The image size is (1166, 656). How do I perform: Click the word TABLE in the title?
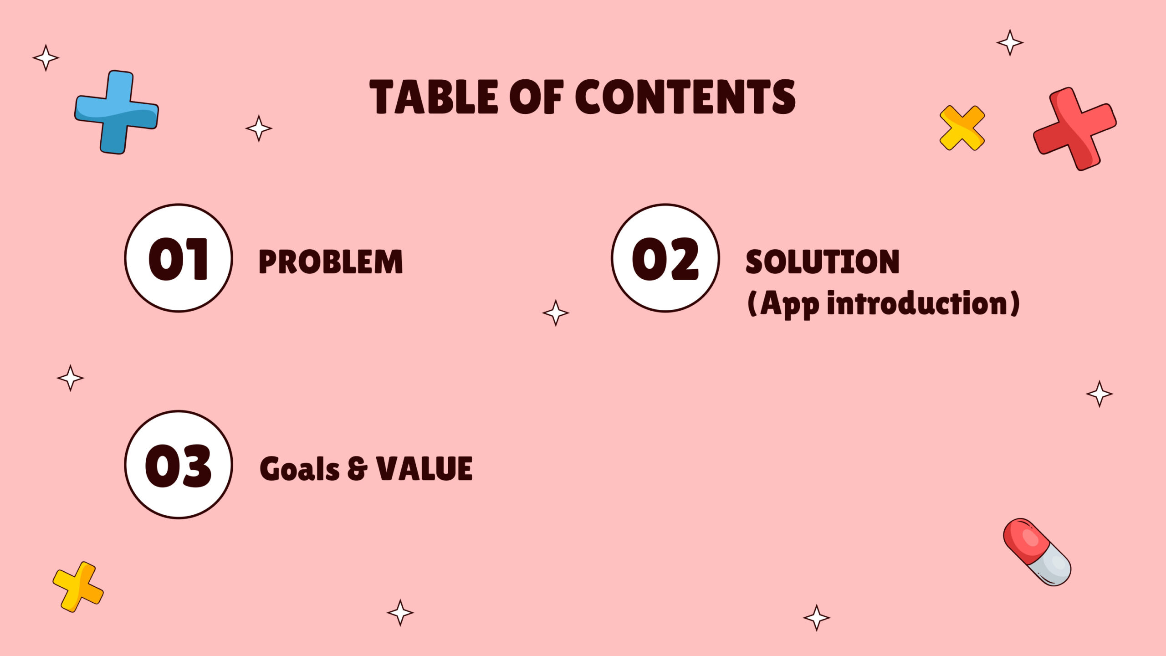pos(434,97)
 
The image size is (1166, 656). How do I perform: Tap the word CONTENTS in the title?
pos(685,97)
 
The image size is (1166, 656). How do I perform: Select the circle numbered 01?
pos(179,258)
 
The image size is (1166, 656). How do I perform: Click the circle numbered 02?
pos(665,258)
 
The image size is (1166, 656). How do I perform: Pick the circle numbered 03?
pos(179,464)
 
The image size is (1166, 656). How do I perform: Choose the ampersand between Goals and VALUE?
pos(357,469)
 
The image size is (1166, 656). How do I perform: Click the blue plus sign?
pos(117,112)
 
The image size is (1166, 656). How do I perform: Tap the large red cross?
pos(1075,129)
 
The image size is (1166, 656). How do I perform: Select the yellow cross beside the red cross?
pos(962,128)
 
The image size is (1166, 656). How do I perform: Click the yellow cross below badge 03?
pos(78,587)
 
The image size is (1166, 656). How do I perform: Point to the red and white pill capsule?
pos(1037,552)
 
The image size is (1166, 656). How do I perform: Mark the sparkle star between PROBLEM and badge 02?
pos(556,313)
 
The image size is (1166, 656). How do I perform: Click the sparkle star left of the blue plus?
pos(46,58)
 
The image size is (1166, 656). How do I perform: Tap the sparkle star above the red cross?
pos(1010,43)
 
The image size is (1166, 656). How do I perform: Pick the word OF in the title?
pos(537,97)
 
